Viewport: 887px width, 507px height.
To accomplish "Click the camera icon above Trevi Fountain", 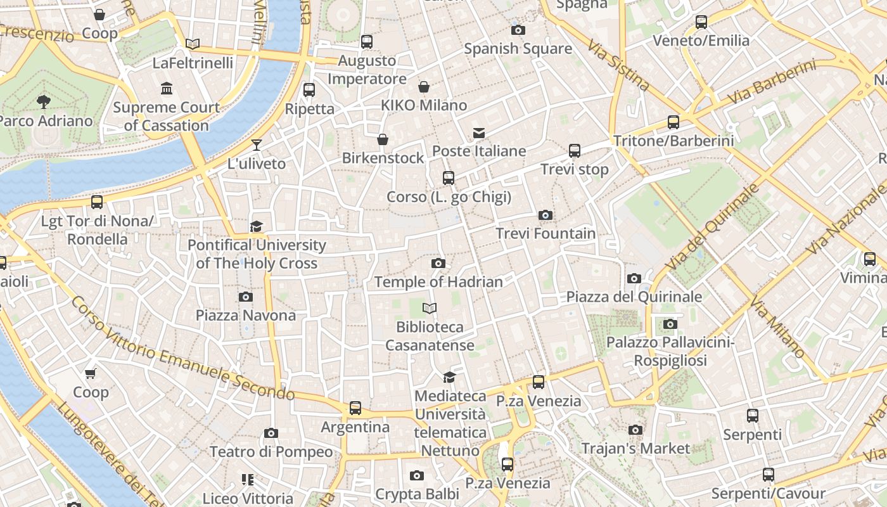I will point(545,215).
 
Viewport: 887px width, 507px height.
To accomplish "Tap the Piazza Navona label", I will point(245,315).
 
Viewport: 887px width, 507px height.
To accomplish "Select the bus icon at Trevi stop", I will point(575,151).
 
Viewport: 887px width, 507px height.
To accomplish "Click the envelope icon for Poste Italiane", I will point(479,133).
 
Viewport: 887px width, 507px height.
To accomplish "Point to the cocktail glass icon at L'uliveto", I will point(256,145).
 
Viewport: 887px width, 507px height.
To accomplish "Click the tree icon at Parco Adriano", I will point(44,101).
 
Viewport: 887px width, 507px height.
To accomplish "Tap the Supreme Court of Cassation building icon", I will point(167,88).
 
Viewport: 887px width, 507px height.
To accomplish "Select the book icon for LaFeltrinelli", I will point(193,44).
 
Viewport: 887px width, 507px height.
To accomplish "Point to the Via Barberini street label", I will point(771,82).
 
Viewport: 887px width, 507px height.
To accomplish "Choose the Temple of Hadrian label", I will point(438,281).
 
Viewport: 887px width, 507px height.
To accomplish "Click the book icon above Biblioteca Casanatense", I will point(430,309).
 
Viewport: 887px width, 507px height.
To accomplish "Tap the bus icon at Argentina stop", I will point(355,408).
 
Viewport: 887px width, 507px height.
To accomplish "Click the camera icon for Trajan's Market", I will point(635,430).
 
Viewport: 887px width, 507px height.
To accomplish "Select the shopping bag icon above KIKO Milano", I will point(424,87).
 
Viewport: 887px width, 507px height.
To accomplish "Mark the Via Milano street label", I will point(777,326).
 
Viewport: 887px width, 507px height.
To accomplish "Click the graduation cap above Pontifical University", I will point(256,227).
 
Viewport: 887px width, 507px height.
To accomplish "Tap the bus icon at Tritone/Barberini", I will point(673,122).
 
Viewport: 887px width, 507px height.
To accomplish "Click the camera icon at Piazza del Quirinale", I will point(634,279).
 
